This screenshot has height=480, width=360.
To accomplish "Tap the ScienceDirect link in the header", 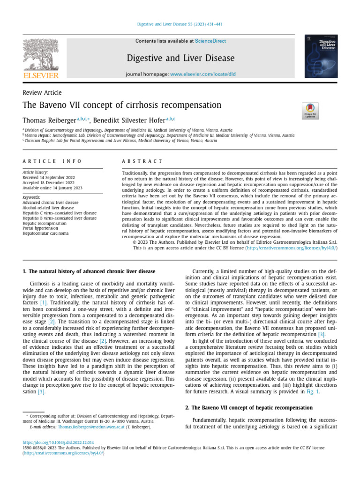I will pos(210,41).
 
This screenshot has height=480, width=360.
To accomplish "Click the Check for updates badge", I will pos(310,111).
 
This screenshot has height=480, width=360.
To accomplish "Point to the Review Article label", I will pos(42,93).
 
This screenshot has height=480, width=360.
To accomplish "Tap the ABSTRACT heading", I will pos(142,161).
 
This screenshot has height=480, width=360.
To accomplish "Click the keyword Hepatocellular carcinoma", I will pos(45,233).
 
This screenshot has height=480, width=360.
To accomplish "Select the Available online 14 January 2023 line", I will pos(52,187).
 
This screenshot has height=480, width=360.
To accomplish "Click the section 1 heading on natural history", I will pos(89,271).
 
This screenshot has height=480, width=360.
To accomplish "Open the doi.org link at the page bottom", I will pos(58,442).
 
